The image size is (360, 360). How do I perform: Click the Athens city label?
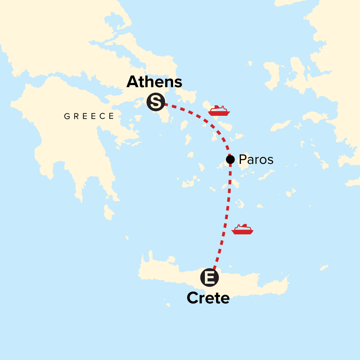pyautogui.click(x=154, y=82)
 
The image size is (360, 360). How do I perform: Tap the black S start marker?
pyautogui.click(x=155, y=102)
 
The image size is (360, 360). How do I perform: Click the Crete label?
pyautogui.click(x=208, y=298)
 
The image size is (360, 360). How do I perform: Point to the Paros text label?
pyautogui.click(x=256, y=160)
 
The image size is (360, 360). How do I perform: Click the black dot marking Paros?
pyautogui.click(x=230, y=159)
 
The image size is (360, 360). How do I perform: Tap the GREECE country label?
pyautogui.click(x=89, y=116)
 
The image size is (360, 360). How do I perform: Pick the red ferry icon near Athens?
pyautogui.click(x=219, y=111)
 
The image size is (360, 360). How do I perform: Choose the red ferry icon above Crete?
pyautogui.click(x=242, y=229)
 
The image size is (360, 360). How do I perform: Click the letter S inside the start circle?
pyautogui.click(x=155, y=102)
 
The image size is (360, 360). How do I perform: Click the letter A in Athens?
pyautogui.click(x=133, y=82)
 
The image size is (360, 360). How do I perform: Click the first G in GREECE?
pyautogui.click(x=67, y=116)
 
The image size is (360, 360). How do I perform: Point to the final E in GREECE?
pyautogui.click(x=111, y=116)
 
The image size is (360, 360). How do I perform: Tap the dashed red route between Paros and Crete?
pyautogui.click(x=227, y=210)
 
